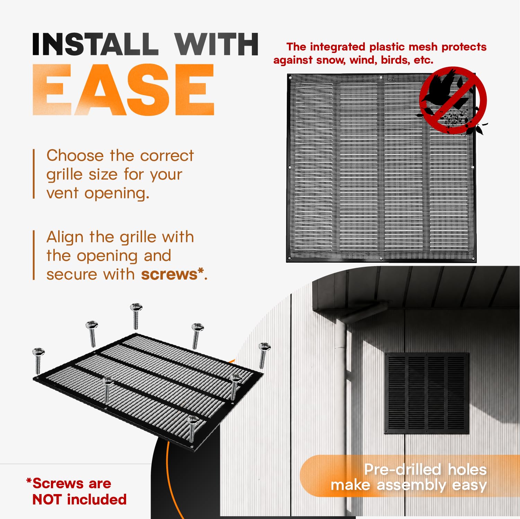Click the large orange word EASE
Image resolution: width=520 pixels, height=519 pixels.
[123, 90]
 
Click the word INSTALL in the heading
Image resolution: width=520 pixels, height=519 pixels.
[93, 44]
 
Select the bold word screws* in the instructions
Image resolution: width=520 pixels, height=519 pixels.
[172, 274]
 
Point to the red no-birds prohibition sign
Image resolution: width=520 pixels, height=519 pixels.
[453, 100]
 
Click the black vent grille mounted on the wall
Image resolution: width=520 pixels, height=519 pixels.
[427, 393]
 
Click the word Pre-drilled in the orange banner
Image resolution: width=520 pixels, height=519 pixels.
[403, 470]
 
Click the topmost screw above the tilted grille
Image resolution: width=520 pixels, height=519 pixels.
[136, 316]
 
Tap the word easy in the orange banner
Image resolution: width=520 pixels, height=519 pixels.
[469, 485]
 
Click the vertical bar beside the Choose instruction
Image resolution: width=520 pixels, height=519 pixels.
[34, 174]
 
